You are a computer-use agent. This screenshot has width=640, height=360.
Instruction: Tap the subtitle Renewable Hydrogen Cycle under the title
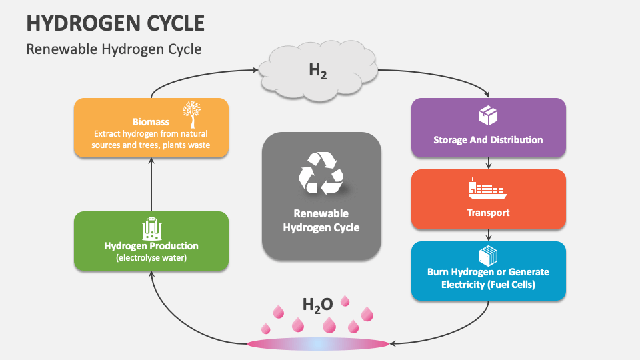click(x=113, y=49)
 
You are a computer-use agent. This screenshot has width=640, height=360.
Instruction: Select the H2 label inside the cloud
click(x=317, y=71)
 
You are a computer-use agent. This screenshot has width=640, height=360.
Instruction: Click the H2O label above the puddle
click(x=317, y=305)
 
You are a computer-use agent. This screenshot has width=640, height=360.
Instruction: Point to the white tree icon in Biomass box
click(x=191, y=114)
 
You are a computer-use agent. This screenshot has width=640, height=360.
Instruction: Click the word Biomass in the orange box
click(x=151, y=122)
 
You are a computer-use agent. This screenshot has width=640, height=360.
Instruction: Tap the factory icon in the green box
click(x=151, y=229)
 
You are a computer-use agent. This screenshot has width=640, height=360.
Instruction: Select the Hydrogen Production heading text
click(x=151, y=246)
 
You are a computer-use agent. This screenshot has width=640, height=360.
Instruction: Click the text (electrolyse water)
click(x=151, y=257)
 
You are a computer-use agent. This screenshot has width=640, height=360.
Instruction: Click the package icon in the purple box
click(x=488, y=116)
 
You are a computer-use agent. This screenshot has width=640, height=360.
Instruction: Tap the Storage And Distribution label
click(x=488, y=140)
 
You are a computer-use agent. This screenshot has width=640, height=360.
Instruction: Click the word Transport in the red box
click(x=488, y=213)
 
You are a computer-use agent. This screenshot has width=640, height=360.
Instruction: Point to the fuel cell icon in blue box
click(x=488, y=255)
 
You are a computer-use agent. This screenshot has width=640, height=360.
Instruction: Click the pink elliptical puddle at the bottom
click(x=317, y=344)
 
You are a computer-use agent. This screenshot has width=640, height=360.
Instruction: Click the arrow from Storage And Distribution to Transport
click(x=489, y=163)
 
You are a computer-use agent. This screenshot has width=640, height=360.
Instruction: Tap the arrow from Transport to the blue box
click(x=489, y=235)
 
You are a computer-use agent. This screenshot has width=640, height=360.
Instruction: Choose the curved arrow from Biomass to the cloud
click(x=193, y=73)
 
